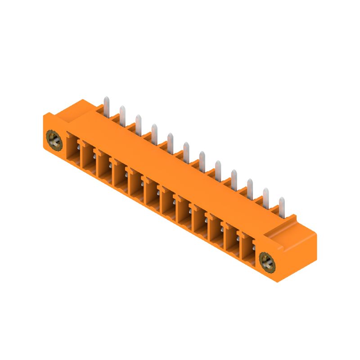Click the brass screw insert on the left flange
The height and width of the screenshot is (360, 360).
(54, 140)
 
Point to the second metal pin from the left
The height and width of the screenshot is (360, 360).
(122, 114)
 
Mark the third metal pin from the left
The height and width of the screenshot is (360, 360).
(138, 123)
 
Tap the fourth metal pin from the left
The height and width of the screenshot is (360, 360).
(154, 133)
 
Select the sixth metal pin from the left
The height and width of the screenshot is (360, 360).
(186, 151)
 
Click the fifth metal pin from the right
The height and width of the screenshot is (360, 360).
(218, 169)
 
